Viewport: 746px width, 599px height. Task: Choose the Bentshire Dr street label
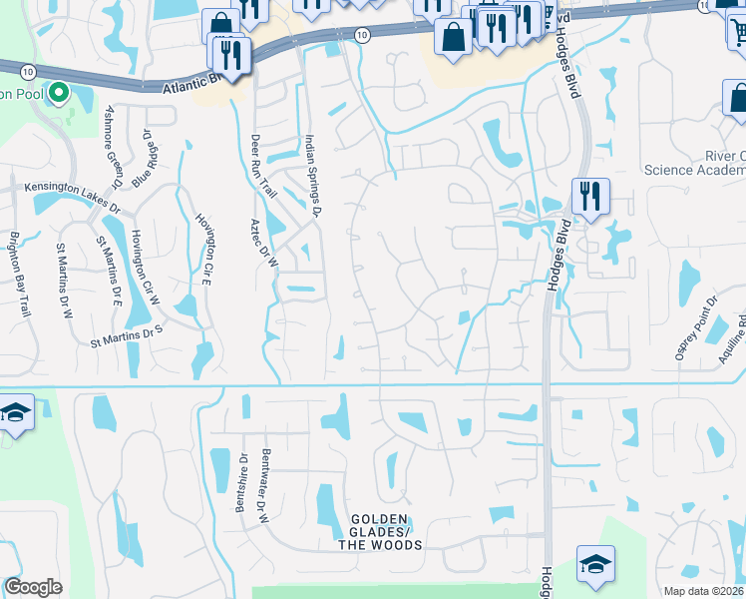pyautogui.click(x=240, y=482)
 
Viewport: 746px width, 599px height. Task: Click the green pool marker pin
pyautogui.click(x=59, y=94)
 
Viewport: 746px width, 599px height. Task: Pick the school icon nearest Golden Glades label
pyautogui.click(x=595, y=564)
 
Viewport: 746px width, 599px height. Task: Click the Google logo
pyautogui.click(x=33, y=587)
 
